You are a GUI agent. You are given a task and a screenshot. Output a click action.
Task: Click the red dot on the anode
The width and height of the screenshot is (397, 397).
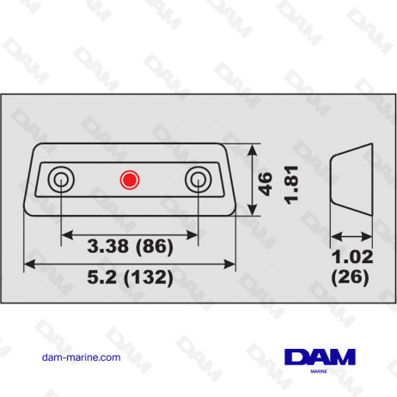coord(129,180)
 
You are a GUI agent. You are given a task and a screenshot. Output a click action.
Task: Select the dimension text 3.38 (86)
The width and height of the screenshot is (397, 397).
coord(130,247)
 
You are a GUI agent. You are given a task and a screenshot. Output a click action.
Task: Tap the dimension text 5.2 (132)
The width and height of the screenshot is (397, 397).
coord(130,278)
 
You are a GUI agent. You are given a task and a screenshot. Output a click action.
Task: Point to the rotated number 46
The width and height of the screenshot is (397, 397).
coord(266,183)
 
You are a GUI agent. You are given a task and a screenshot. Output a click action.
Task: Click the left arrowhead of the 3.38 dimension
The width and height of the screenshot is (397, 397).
coord(64,230)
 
